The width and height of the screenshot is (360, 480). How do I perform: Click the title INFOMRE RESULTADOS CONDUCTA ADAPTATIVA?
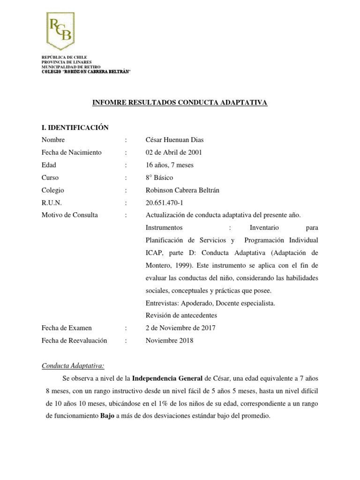(x=180, y=103)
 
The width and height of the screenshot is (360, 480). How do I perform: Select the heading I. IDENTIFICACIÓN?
(x=75, y=127)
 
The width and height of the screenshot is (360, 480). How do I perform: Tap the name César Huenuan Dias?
(x=175, y=140)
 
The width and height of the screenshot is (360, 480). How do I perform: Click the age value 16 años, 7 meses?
(x=169, y=165)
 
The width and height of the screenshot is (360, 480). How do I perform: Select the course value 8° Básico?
(x=159, y=178)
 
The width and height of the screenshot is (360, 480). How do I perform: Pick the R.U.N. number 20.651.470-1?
(x=165, y=202)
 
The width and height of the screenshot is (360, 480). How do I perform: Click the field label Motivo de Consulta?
(x=70, y=215)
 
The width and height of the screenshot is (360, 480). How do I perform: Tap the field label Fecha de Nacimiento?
(x=71, y=152)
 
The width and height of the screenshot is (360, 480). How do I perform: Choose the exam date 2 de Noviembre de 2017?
(x=181, y=328)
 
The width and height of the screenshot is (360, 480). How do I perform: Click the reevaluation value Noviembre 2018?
(x=169, y=340)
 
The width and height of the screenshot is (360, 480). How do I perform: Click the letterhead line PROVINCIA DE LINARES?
(x=67, y=62)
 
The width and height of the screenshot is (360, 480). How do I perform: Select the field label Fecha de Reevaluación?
(x=75, y=340)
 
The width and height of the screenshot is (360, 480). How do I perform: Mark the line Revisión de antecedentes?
(x=181, y=315)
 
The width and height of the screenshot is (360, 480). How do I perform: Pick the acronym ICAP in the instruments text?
(x=155, y=253)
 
